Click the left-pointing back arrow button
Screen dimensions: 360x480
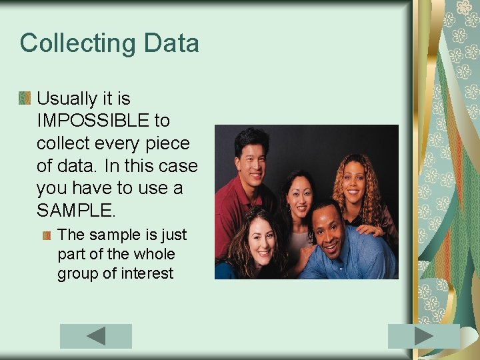tap(96, 336)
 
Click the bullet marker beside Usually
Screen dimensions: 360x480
tap(25, 99)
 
